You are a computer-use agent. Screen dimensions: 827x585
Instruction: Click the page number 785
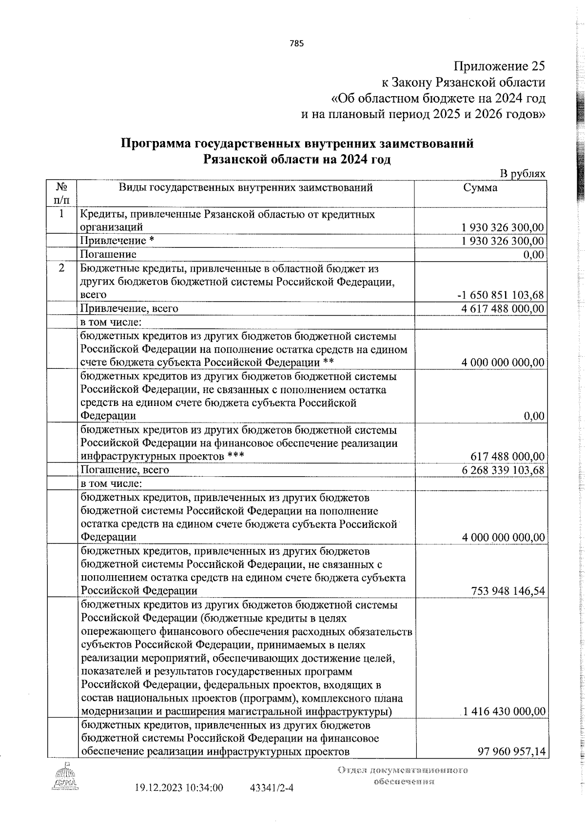coord(296,43)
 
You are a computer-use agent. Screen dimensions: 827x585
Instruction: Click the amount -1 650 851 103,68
coord(501,295)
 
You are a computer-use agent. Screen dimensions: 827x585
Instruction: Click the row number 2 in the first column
coord(61,269)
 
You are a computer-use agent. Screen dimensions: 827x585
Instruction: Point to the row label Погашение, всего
coord(125,470)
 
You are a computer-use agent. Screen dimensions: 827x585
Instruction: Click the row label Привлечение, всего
coord(129,309)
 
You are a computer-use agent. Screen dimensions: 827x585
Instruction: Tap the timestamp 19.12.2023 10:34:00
coord(178,801)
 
